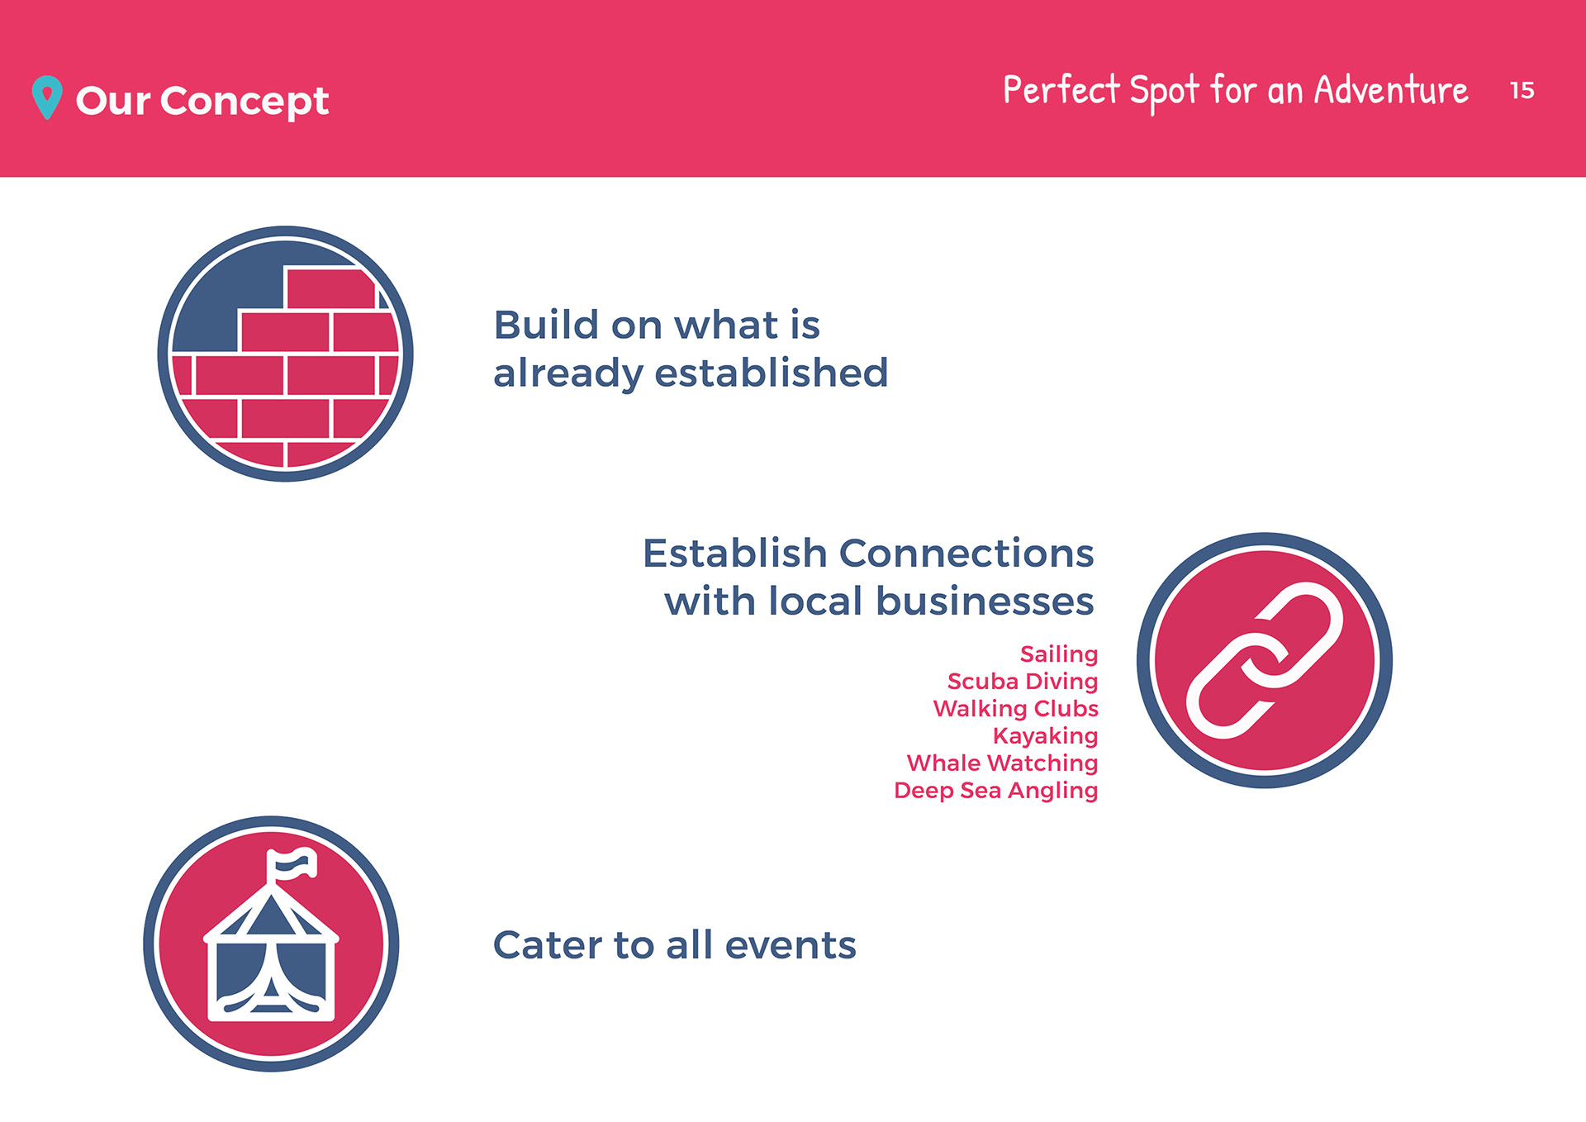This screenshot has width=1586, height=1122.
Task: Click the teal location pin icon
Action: (x=47, y=97)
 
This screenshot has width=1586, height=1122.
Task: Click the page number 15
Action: (x=1522, y=90)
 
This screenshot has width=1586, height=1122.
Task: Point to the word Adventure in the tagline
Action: (x=1391, y=89)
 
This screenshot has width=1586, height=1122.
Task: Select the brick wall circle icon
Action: (x=285, y=354)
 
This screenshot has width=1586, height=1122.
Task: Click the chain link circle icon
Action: (x=1265, y=660)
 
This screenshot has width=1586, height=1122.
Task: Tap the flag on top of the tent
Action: (x=291, y=864)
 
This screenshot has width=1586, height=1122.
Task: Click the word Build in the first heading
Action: (x=545, y=325)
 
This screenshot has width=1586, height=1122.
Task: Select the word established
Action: (x=772, y=373)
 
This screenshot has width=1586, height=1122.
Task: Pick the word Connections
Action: (x=966, y=553)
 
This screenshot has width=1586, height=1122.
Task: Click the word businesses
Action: (x=985, y=601)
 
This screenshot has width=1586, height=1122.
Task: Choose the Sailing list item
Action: (x=1059, y=654)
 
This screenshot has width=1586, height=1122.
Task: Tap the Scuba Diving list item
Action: (x=1023, y=682)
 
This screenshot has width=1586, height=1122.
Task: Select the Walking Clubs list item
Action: (x=1016, y=708)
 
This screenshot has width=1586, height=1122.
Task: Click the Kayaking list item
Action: (x=1046, y=736)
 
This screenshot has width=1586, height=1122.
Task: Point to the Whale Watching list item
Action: (x=1003, y=763)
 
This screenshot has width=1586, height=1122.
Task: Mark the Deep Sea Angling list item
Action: (x=996, y=791)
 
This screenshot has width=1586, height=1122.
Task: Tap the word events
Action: (x=791, y=945)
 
